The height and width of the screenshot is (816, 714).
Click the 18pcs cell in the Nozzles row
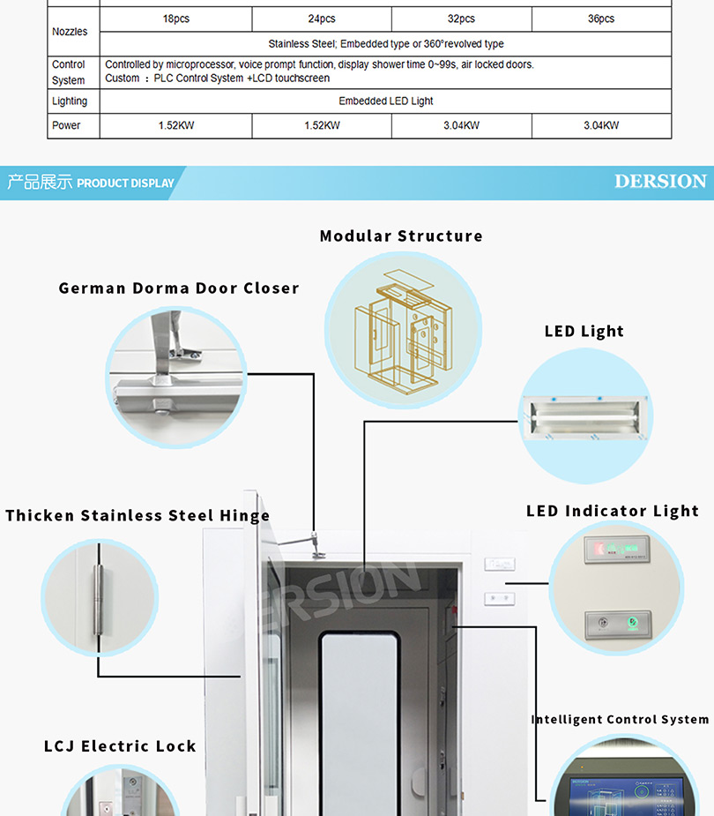click(x=175, y=19)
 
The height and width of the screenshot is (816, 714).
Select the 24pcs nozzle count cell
click(x=322, y=19)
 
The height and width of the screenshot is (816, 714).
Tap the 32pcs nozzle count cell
click(x=461, y=19)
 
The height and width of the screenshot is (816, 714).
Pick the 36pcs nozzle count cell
click(x=601, y=19)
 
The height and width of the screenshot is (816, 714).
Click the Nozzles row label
click(x=70, y=32)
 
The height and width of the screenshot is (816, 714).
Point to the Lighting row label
click(x=70, y=101)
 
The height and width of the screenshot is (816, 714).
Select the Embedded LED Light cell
click(x=385, y=101)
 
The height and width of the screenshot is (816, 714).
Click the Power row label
click(x=66, y=125)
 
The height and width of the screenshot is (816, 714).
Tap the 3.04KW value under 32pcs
click(x=461, y=125)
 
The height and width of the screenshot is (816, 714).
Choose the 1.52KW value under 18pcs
click(x=175, y=125)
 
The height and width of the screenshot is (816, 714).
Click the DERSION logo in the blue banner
click(x=660, y=182)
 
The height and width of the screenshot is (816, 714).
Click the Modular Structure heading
click(x=401, y=236)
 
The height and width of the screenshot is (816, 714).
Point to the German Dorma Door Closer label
click(x=179, y=288)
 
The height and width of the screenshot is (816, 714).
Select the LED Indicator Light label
click(x=612, y=511)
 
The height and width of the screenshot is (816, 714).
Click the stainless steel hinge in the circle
click(x=100, y=596)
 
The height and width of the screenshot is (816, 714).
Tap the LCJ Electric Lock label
click(x=120, y=746)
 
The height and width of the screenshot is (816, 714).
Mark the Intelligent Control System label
click(x=620, y=720)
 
